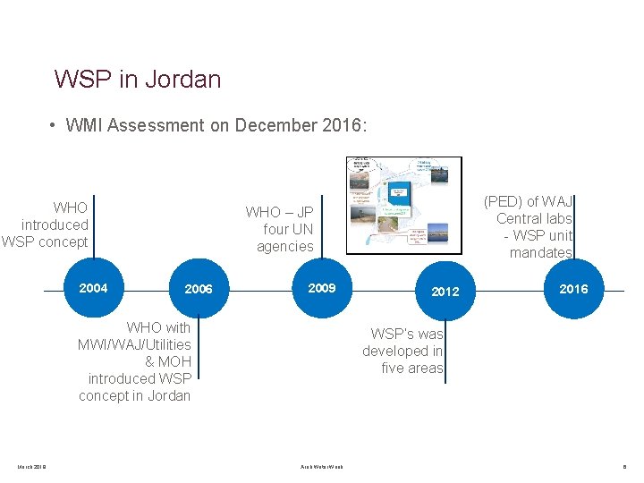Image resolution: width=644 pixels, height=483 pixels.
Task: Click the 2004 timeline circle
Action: tap(93, 288)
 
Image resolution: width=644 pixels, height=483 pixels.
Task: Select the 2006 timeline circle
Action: tap(199, 289)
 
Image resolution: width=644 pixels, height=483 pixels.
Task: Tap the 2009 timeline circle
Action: tap(321, 288)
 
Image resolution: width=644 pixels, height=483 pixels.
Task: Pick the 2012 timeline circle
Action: tap(445, 292)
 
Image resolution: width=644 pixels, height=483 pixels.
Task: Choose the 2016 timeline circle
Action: tap(573, 289)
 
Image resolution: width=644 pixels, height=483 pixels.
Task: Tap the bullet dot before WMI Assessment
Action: tap(55, 125)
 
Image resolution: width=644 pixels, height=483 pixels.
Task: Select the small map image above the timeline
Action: tap(404, 205)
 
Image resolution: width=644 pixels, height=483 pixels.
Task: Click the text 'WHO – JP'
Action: tap(280, 212)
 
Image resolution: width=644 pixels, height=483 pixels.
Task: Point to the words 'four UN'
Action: tap(288, 229)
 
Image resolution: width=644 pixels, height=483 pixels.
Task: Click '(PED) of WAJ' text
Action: tap(528, 201)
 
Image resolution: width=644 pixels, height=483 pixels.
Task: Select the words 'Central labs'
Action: tap(534, 218)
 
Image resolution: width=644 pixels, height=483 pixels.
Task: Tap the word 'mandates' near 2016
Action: tap(540, 252)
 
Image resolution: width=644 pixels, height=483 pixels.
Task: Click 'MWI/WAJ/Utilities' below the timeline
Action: tap(134, 344)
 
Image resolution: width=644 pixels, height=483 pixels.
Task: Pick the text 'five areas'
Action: tap(411, 368)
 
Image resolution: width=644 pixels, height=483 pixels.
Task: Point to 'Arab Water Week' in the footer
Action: tap(321, 466)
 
